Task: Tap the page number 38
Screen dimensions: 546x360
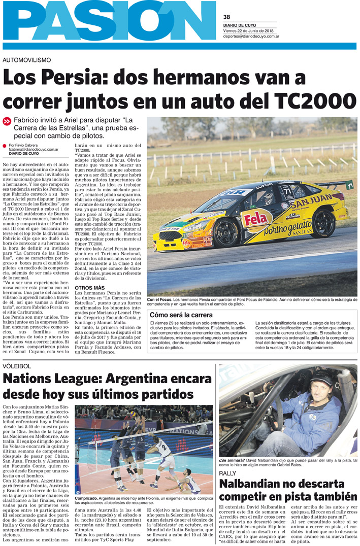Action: (x=226, y=16)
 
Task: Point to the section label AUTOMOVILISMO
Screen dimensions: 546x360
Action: (x=27, y=59)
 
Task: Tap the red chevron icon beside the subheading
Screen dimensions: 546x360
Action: (x=7, y=121)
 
